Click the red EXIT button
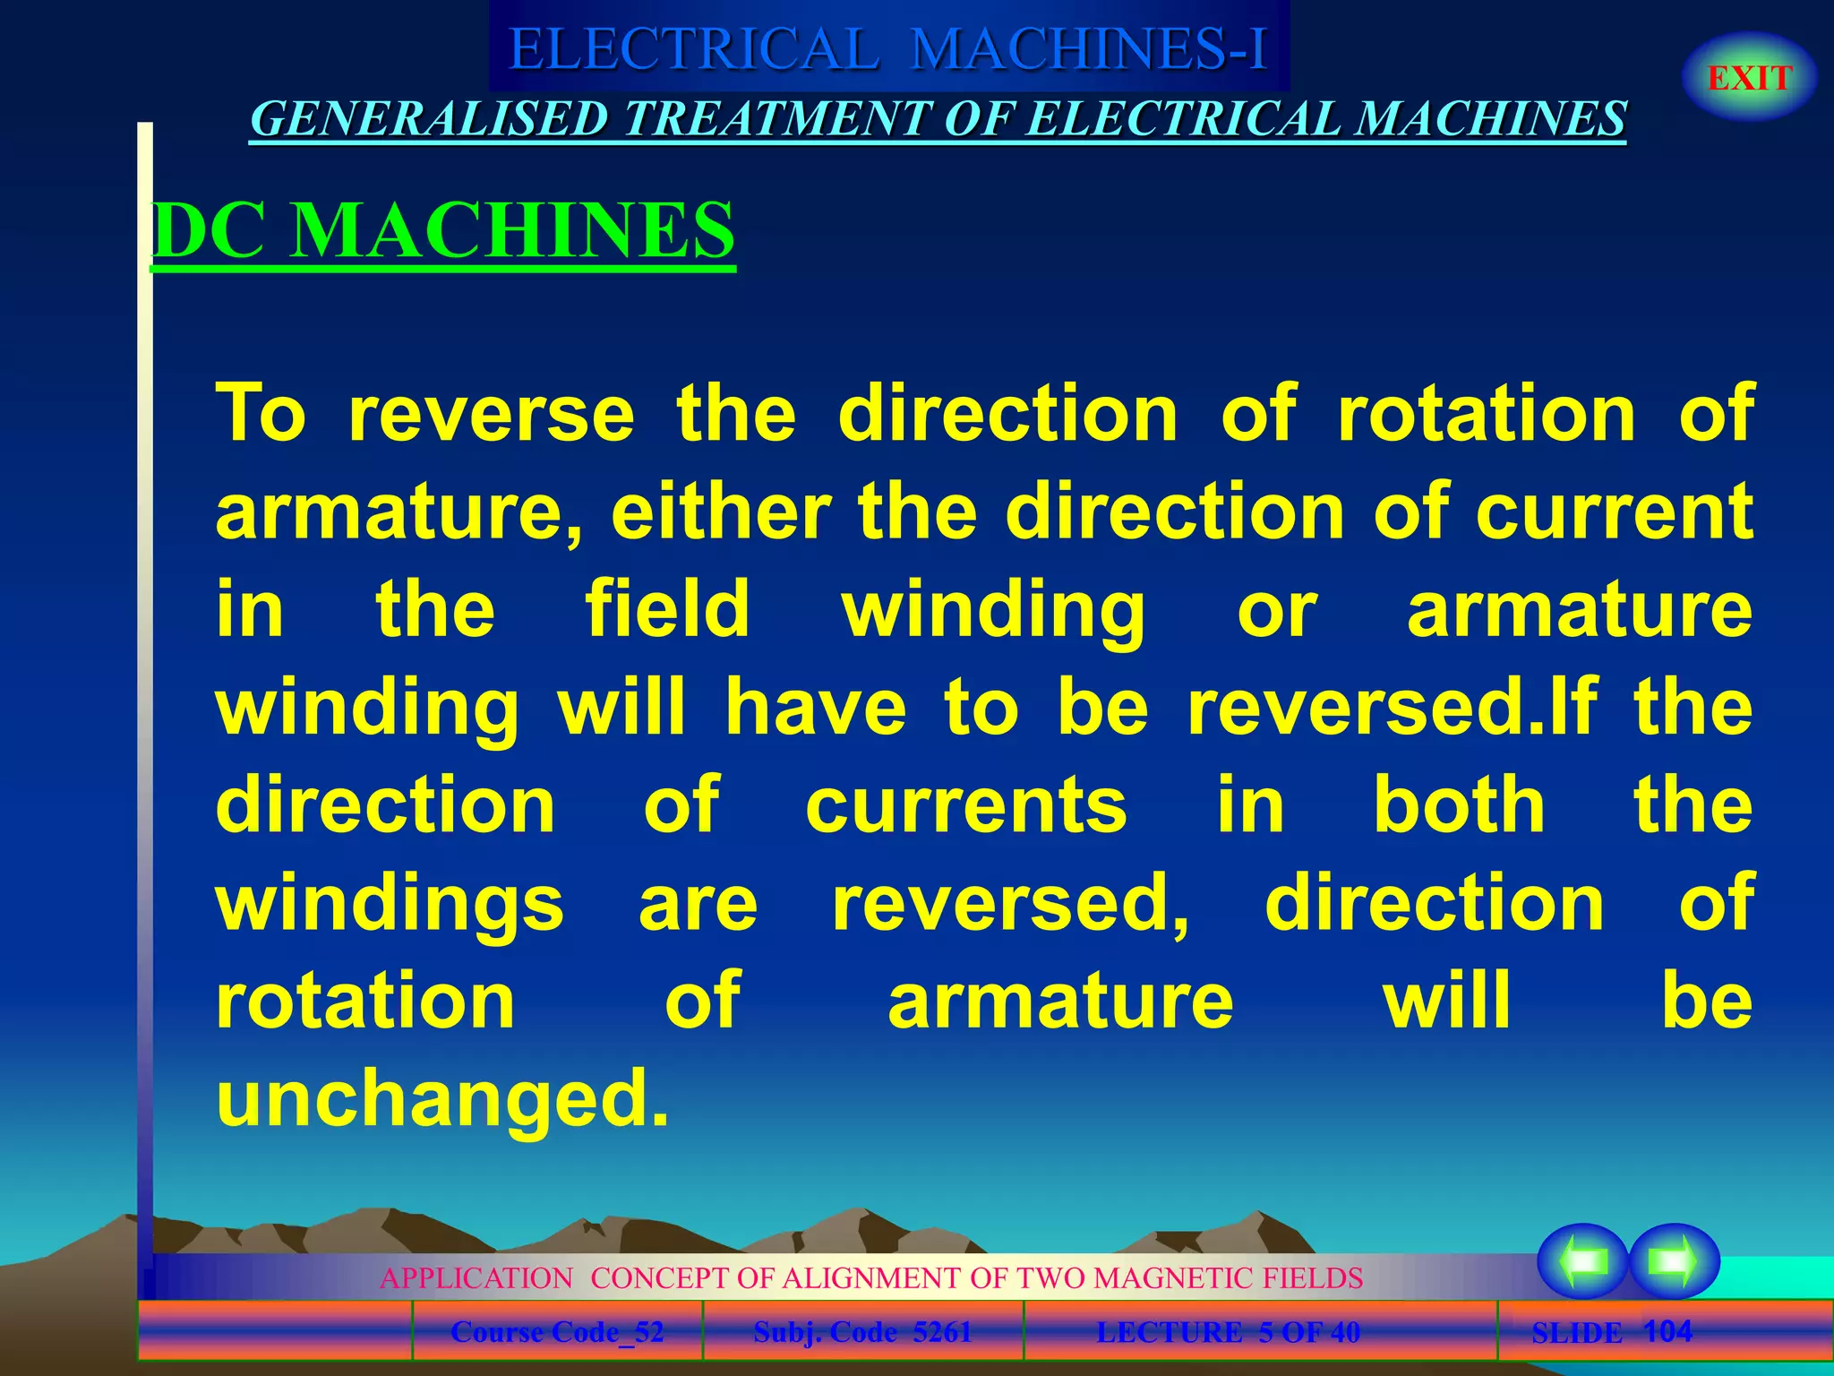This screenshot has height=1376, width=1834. click(x=1749, y=78)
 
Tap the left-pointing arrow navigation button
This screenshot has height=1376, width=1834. click(x=1582, y=1261)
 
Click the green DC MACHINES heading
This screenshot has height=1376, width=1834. click(x=443, y=230)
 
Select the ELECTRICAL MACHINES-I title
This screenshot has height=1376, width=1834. click(x=887, y=48)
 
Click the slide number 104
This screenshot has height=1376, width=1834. click(x=1668, y=1330)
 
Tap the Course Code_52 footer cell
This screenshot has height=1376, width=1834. click(x=557, y=1332)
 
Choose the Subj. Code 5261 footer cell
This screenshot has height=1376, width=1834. click(x=862, y=1332)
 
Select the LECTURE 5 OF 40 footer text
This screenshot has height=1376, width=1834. click(x=1228, y=1332)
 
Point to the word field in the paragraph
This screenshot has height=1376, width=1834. click(x=667, y=608)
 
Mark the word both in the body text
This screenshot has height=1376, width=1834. click(x=1459, y=804)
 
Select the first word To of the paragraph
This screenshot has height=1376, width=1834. click(x=261, y=413)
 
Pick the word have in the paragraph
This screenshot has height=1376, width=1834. click(x=816, y=707)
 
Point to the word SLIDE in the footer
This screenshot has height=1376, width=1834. click(x=1576, y=1333)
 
